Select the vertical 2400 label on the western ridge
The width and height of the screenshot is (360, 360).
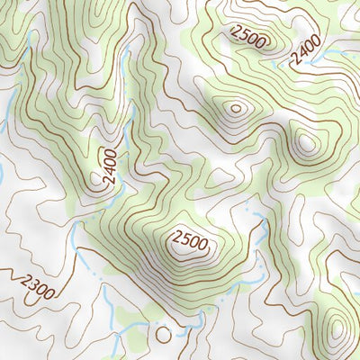point(110,167)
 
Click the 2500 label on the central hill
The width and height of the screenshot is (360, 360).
point(188,241)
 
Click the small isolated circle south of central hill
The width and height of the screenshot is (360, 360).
point(163,334)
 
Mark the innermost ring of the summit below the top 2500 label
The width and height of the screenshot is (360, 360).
point(237,109)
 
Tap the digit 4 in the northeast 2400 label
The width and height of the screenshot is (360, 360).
point(302,52)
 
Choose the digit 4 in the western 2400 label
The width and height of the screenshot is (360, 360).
point(110,172)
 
